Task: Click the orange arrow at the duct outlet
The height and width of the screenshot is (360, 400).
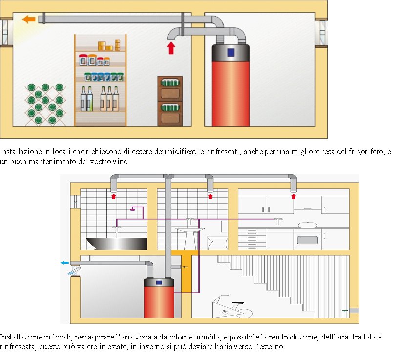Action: click(x=28, y=19)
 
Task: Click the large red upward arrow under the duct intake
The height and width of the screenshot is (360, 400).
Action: click(x=171, y=48)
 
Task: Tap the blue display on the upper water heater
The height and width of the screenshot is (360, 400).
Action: click(x=231, y=53)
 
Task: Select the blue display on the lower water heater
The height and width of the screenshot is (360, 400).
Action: click(x=159, y=283)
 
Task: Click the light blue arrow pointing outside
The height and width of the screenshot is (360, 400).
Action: click(x=64, y=263)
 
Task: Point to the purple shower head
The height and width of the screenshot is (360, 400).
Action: click(x=132, y=209)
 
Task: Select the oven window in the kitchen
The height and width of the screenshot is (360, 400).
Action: click(x=307, y=240)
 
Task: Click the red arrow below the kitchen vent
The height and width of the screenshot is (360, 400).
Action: click(x=294, y=196)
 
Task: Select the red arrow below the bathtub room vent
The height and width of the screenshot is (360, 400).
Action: click(x=113, y=196)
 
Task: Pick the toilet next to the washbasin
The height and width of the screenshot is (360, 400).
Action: click(x=217, y=242)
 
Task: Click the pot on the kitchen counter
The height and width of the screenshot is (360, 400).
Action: click(x=308, y=225)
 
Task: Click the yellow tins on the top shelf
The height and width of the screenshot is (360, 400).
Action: click(x=109, y=45)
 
